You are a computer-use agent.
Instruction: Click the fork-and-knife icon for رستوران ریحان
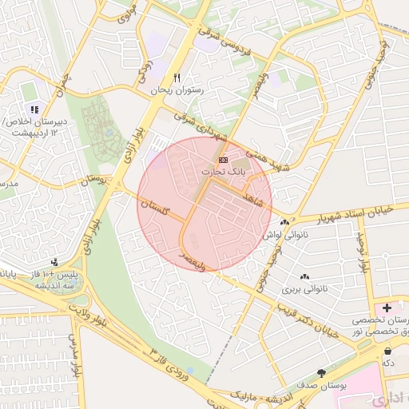pos(178,78)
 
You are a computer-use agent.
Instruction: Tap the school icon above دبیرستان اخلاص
pos(34,109)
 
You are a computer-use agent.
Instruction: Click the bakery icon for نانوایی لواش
pos(284,222)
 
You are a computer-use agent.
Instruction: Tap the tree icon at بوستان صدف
pos(322,373)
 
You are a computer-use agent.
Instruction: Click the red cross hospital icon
pos(387,308)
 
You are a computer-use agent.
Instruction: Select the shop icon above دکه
pos(388,351)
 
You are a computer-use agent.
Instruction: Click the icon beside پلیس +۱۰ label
pos(54,262)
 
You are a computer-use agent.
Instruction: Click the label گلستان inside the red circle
pos(157,208)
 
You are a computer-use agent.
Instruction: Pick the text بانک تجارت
pos(228,172)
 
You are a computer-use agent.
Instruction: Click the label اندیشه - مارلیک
pos(256,395)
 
